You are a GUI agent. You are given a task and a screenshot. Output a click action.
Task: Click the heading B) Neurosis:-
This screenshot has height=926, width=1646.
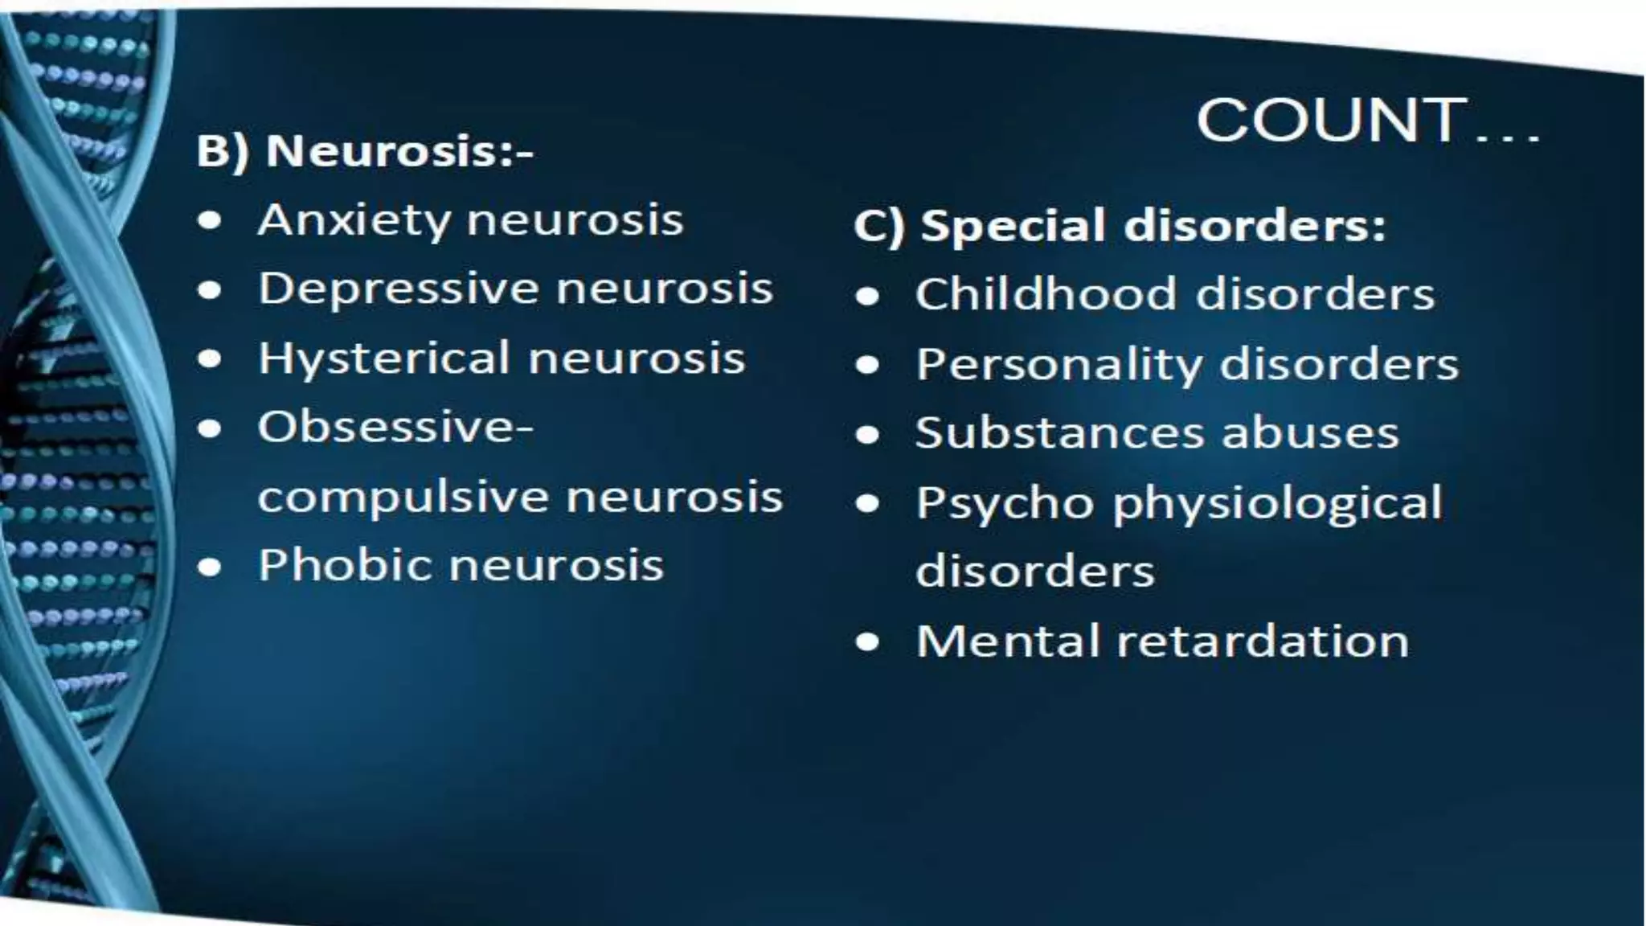pos(365,151)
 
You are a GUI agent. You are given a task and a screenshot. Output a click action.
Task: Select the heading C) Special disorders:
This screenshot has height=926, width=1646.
pos(1120,226)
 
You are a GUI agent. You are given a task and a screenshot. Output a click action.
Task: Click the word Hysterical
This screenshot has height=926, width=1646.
pos(384,359)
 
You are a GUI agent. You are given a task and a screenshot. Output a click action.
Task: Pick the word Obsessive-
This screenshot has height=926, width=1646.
pos(395,428)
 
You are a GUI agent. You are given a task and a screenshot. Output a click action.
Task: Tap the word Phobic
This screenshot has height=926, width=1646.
pos(345,565)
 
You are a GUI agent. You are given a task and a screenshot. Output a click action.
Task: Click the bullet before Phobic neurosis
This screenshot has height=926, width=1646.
pos(210,567)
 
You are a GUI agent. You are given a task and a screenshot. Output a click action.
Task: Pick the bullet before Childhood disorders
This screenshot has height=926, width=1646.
pos(867,297)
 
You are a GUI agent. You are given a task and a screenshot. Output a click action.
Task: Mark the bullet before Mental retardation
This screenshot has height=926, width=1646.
pos(867,643)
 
